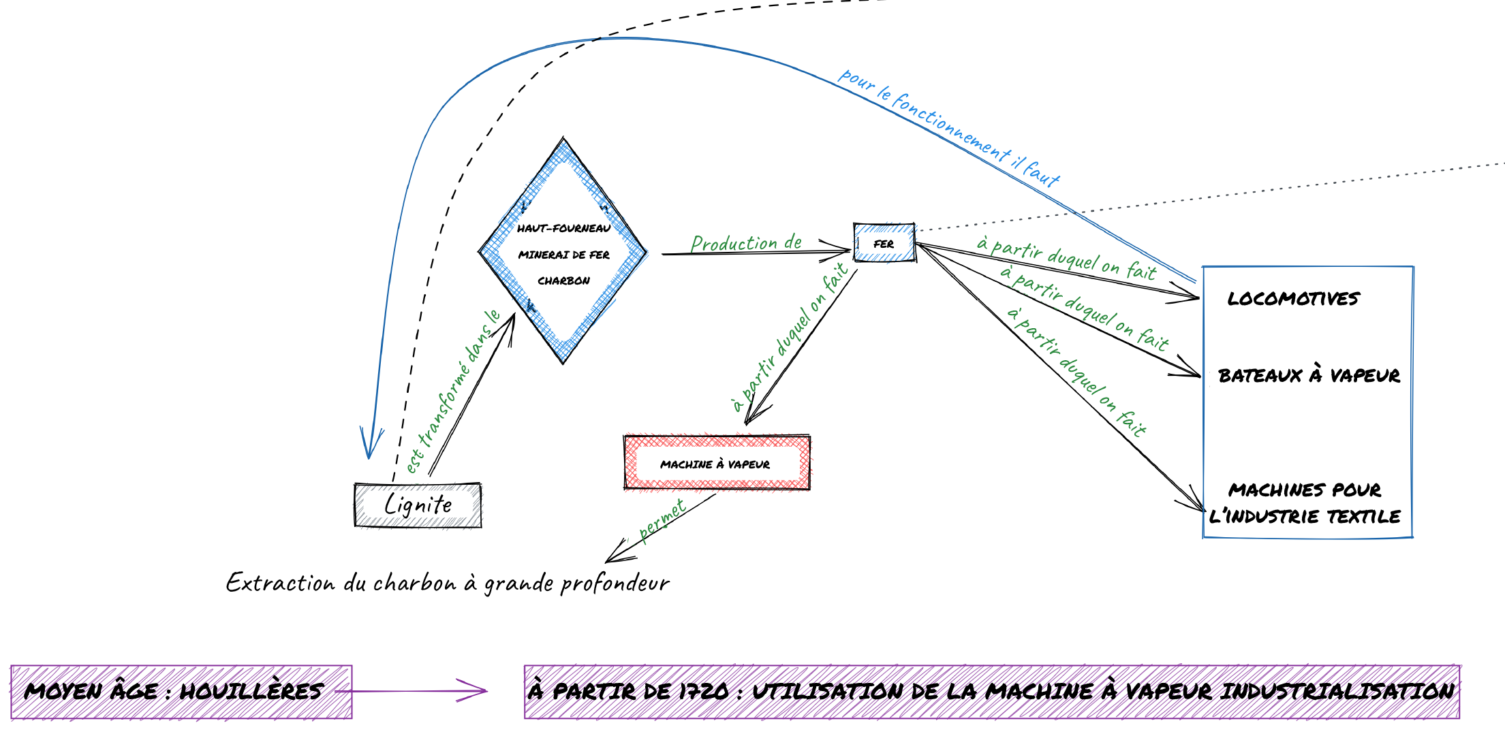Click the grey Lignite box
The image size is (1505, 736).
pyautogui.click(x=418, y=505)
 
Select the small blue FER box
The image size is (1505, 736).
pyautogui.click(x=884, y=243)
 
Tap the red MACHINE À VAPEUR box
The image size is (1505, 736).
pyautogui.click(x=716, y=464)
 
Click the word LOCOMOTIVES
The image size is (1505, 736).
pyautogui.click(x=1292, y=299)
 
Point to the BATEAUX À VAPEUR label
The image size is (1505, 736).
pyautogui.click(x=1308, y=375)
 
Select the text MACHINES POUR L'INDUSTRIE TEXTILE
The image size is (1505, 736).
pyautogui.click(x=1304, y=503)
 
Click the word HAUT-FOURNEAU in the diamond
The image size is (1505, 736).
pyautogui.click(x=563, y=228)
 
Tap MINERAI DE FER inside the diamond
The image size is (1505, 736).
pyautogui.click(x=563, y=255)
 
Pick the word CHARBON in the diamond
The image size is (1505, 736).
pyautogui.click(x=563, y=281)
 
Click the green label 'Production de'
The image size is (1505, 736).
pyautogui.click(x=746, y=242)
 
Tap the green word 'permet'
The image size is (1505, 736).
pyautogui.click(x=662, y=520)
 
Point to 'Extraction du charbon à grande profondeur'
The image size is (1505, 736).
pyautogui.click(x=448, y=583)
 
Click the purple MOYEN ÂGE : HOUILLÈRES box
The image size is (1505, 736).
pyautogui.click(x=181, y=691)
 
